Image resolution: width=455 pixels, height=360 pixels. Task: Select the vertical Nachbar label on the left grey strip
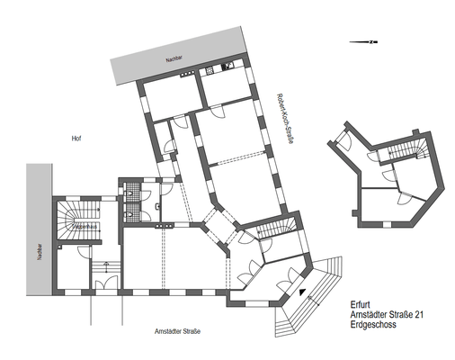pos(39,251)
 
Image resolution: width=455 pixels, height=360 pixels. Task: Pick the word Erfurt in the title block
pos(360,303)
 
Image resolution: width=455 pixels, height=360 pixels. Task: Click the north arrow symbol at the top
pos(368,42)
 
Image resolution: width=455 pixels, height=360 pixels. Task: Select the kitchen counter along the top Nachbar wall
pos(220,70)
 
